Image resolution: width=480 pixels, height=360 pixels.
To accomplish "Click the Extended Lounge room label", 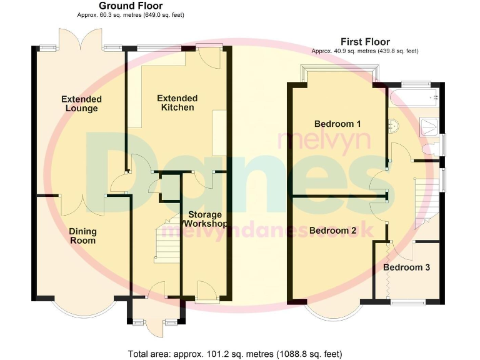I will click(x=81, y=104).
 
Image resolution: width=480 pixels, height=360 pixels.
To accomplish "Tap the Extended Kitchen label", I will click(x=177, y=103).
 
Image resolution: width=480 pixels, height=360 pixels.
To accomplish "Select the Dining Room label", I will click(x=82, y=236).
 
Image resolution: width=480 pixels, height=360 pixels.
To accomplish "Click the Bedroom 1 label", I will click(x=337, y=124).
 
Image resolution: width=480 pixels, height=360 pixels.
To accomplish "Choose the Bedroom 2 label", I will click(x=332, y=231).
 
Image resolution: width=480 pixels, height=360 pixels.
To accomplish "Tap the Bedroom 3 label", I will click(x=406, y=267).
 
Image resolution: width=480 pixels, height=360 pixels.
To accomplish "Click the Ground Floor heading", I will click(x=131, y=6).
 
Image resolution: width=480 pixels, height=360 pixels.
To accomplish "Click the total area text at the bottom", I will click(x=235, y=354).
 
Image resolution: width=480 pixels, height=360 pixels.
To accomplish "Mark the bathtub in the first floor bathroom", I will click(x=412, y=97).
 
